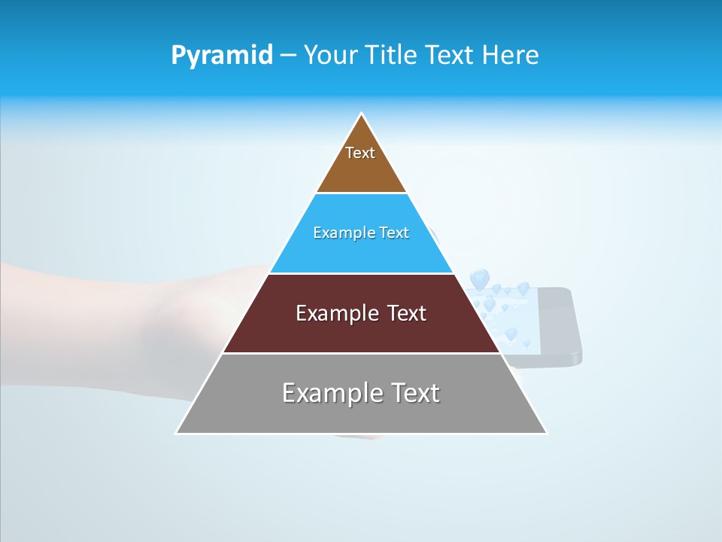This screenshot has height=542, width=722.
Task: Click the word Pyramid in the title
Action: (x=221, y=56)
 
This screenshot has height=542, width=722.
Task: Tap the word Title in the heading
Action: (x=393, y=56)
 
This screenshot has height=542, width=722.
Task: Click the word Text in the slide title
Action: (x=451, y=56)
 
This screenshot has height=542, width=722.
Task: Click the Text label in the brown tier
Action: (x=360, y=153)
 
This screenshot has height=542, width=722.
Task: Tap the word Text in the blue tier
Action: (x=394, y=233)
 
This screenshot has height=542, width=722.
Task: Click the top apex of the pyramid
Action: (x=362, y=114)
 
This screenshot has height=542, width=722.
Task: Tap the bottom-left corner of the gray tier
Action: (x=177, y=433)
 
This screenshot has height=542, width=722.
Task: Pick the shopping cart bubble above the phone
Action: (x=478, y=279)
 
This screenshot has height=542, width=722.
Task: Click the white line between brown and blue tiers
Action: (x=361, y=193)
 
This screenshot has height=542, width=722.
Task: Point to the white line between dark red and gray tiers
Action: (x=361, y=353)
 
